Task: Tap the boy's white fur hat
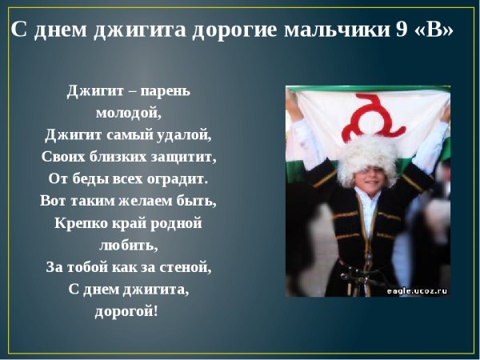click(365, 157)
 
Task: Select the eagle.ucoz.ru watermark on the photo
click(418, 291)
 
